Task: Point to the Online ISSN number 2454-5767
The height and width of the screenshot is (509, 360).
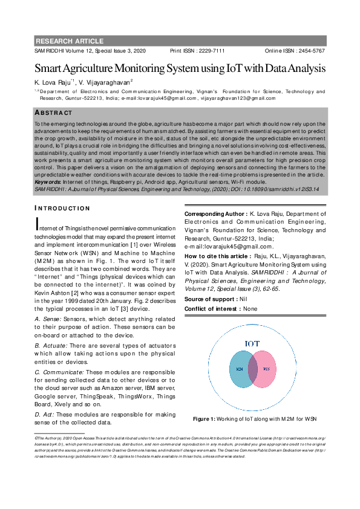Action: [x=310, y=51]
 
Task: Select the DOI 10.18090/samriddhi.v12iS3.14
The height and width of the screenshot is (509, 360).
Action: [x=276, y=189]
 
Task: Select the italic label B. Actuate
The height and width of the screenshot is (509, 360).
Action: [x=51, y=345]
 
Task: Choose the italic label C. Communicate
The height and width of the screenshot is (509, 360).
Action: [x=59, y=372]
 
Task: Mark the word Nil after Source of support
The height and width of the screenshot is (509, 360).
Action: [x=243, y=299]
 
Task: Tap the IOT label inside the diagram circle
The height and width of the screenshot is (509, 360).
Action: [x=252, y=344]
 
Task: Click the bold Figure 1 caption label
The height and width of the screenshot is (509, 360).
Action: [x=204, y=418]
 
